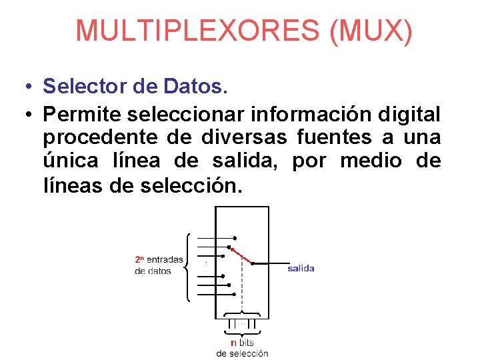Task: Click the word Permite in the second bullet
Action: pos(80,115)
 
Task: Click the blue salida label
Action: pos(301,269)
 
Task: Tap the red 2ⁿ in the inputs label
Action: pos(139,259)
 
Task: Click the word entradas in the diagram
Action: pos(165,259)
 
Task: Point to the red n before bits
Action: pos(233,343)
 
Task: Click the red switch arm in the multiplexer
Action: pos(240,255)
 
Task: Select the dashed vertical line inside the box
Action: pos(242,293)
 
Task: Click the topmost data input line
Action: pos(215,238)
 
